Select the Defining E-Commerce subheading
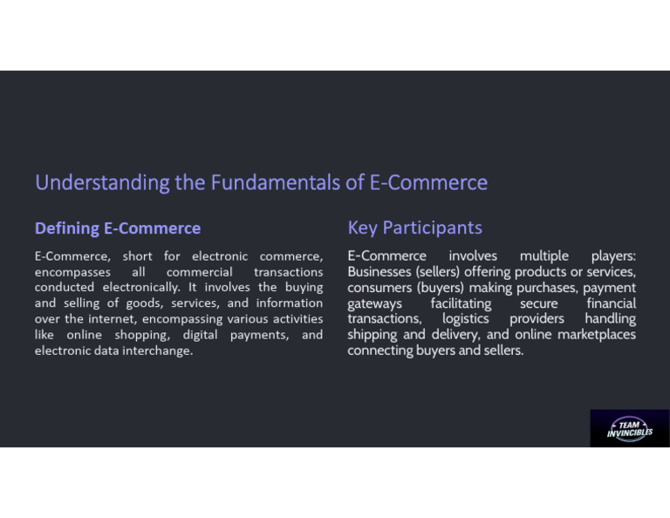(118, 228)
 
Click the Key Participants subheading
(414, 228)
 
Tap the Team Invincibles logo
(630, 427)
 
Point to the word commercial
(200, 272)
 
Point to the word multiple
(544, 256)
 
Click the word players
(613, 256)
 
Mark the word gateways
(375, 303)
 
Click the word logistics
(466, 319)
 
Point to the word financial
(611, 303)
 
